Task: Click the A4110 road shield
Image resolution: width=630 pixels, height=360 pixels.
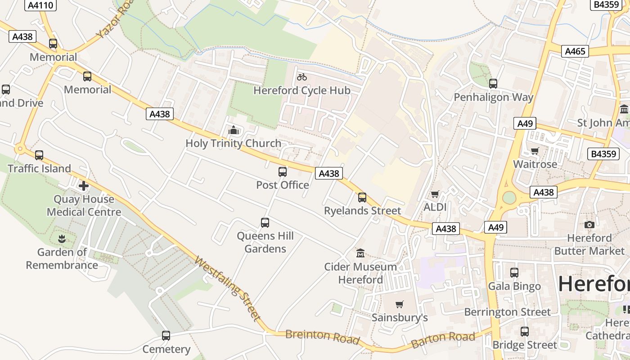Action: coord(40,5)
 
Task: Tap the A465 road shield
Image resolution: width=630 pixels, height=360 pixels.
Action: coord(575,51)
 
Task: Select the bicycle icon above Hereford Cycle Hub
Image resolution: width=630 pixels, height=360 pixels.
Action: coord(302,77)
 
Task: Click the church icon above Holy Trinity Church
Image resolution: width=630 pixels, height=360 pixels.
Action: coord(234,130)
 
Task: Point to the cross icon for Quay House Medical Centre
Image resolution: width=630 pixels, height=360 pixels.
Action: coord(84,186)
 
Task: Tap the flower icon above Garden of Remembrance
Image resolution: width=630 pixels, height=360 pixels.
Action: coord(62,239)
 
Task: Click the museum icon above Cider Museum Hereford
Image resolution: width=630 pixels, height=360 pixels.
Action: coord(360,253)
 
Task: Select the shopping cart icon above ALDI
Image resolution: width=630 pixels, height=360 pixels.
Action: coord(435,194)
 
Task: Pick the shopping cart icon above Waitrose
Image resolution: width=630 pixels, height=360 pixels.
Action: coord(535,151)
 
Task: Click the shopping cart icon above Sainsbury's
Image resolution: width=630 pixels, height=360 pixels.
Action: coord(400,304)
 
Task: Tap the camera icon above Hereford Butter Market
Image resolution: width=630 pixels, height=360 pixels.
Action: coord(589,225)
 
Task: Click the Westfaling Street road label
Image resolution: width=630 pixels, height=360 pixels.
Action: coord(228,288)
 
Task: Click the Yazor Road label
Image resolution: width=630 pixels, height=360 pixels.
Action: coord(115,19)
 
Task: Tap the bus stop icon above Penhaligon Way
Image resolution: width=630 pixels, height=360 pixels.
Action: coord(493,84)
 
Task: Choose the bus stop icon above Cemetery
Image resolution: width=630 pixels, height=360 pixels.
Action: coord(166,336)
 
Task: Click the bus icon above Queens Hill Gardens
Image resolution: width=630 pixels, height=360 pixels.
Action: coord(265,223)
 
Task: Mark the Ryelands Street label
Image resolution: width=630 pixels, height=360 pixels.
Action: coord(362,211)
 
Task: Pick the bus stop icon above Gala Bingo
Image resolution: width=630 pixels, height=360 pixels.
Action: coord(514,273)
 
